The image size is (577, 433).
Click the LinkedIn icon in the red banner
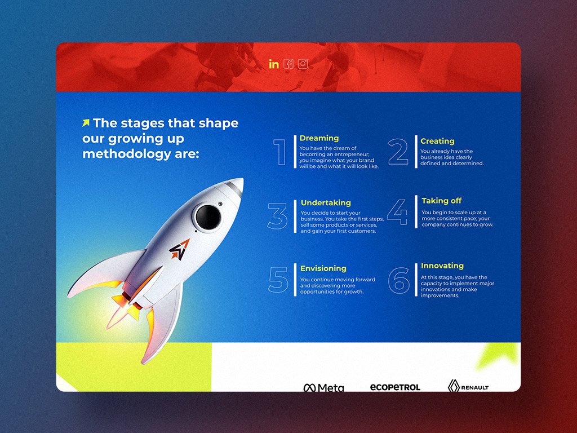(x=274, y=64)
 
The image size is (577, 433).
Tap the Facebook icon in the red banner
(x=288, y=64)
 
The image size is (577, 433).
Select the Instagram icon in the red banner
(x=303, y=64)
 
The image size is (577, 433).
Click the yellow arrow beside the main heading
(x=86, y=122)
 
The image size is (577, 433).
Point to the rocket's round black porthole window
(x=208, y=217)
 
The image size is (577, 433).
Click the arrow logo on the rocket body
(x=179, y=250)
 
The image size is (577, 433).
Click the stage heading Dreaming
(x=319, y=138)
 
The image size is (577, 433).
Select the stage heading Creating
(x=437, y=141)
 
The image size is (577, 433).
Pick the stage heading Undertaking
(x=326, y=202)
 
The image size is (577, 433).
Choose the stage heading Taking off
(x=441, y=201)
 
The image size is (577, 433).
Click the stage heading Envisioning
(x=323, y=268)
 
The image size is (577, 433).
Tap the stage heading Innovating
(x=442, y=266)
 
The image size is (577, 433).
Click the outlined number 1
(x=281, y=152)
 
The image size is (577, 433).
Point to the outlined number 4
(x=397, y=212)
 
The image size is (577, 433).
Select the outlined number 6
(x=398, y=281)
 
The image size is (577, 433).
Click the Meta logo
(x=324, y=387)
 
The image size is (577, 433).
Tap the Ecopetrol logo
(x=395, y=387)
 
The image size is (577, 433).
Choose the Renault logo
(x=468, y=386)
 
